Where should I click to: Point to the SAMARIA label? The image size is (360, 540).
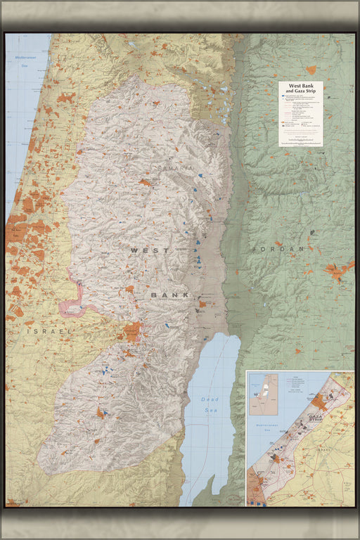(174, 169)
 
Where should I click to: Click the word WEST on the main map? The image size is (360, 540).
(149, 250)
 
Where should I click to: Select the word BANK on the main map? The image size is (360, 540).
(170, 295)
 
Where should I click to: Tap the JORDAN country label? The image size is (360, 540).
(281, 249)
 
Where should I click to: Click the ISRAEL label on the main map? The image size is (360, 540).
(49, 330)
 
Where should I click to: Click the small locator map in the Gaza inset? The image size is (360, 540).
(264, 394)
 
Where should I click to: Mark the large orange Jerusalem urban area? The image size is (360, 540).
(131, 333)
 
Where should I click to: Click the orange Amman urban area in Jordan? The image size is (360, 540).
(338, 270)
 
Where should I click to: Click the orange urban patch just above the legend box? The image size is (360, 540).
(311, 70)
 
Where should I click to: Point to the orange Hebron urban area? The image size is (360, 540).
(101, 413)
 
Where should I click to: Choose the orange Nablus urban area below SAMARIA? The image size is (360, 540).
(145, 183)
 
